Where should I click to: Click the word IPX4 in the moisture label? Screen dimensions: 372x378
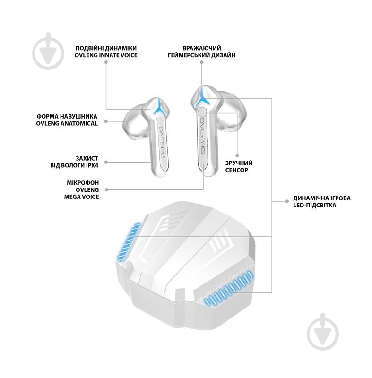[90, 166]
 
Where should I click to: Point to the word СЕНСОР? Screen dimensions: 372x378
[236, 170]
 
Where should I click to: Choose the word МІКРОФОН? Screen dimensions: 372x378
[83, 183]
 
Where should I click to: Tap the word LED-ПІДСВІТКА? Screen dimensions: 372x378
[315, 206]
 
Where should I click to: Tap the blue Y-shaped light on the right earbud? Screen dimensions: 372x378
[202, 99]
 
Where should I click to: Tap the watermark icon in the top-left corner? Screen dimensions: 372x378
[49, 51]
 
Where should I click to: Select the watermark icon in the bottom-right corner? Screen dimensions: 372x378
[323, 332]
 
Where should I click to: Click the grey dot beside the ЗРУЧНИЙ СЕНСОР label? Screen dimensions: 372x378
[237, 156]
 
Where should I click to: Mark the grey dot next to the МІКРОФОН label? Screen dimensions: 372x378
[106, 190]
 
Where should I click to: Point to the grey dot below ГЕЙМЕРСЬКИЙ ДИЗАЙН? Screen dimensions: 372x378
[202, 62]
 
